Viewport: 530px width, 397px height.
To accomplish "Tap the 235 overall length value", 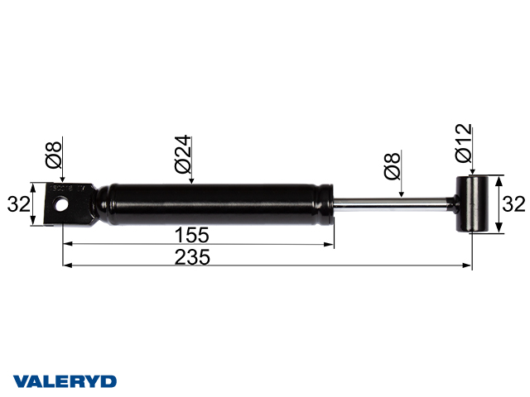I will [x=192, y=256].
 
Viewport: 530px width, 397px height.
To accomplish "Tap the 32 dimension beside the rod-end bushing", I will [x=515, y=204].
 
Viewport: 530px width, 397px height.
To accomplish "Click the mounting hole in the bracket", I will [x=60, y=204].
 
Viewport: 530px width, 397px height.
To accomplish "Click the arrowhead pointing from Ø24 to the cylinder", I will [x=190, y=184].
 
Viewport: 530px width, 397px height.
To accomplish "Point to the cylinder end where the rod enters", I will [x=330, y=203].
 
